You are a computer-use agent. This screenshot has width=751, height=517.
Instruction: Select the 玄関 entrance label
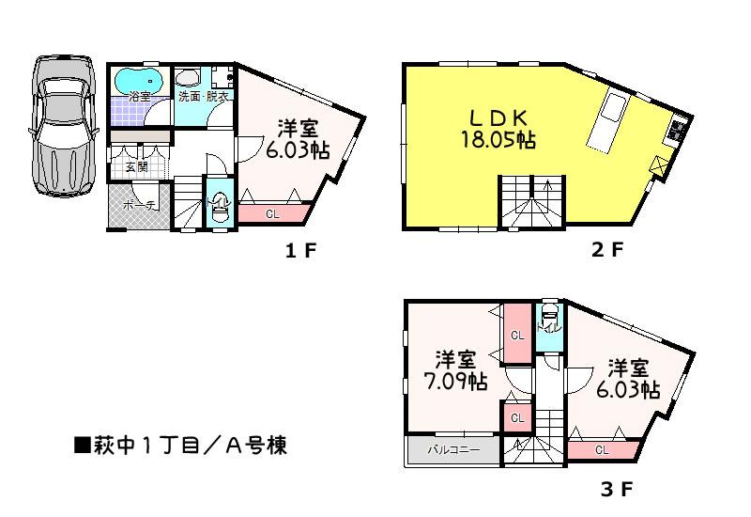click(x=136, y=166)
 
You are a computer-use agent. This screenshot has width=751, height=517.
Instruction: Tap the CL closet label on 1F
click(x=272, y=214)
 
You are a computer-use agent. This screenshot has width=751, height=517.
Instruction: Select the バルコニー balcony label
click(x=453, y=449)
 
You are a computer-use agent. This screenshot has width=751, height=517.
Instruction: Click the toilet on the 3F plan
click(x=548, y=320)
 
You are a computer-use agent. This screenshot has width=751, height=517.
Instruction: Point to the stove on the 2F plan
click(x=677, y=131)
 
